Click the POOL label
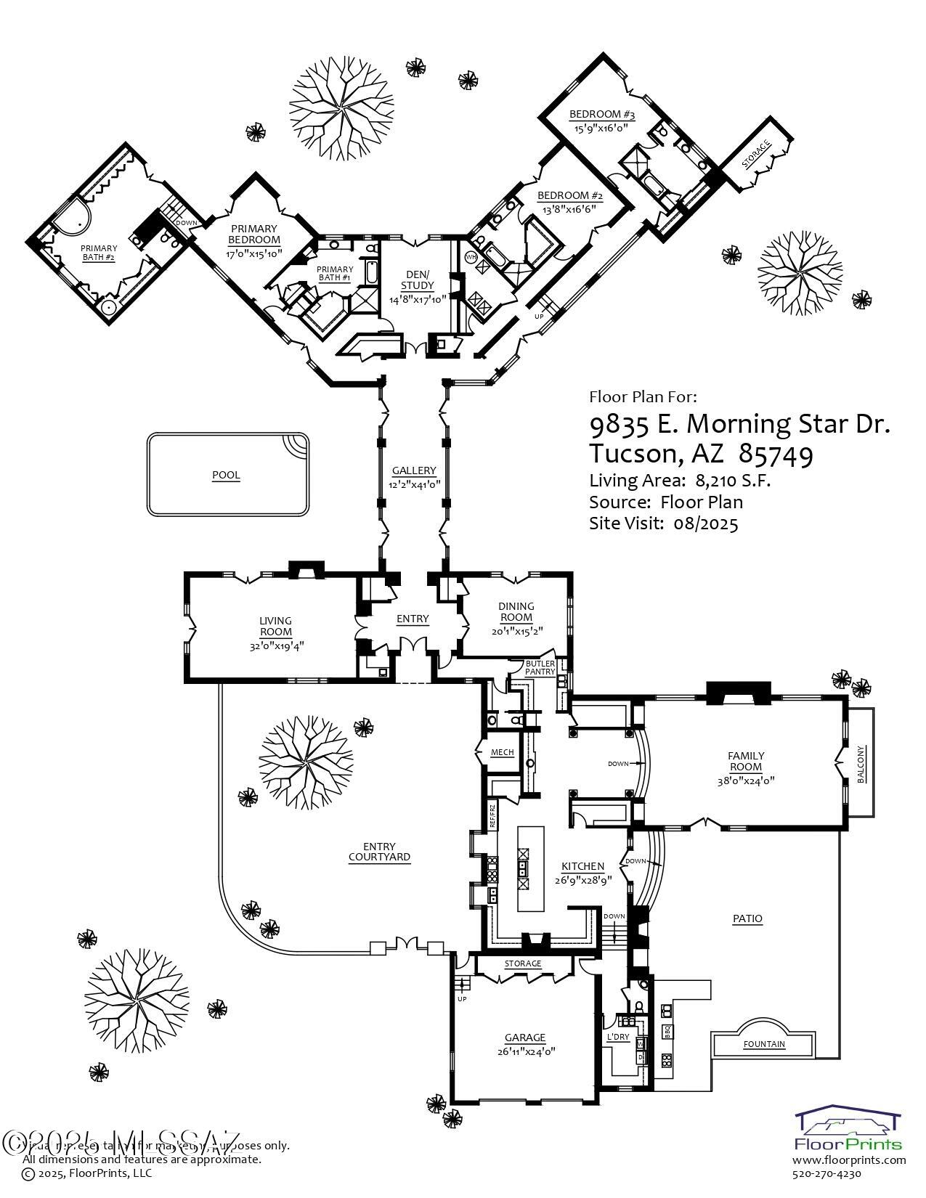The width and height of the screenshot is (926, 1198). click(226, 476)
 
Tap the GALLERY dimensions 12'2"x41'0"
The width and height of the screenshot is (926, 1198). click(414, 484)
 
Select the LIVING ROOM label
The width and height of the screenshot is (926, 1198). click(275, 626)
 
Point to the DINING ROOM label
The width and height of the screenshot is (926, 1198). click(516, 611)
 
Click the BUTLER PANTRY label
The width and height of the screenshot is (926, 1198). click(540, 668)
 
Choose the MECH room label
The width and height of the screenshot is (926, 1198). click(502, 752)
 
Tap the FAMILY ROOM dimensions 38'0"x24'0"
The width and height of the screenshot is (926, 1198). click(746, 781)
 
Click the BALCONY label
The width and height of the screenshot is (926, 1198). click(861, 764)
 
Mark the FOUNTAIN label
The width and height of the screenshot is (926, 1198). click(764, 1044)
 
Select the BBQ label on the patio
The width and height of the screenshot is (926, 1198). click(667, 1030)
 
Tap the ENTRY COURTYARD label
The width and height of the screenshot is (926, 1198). click(379, 852)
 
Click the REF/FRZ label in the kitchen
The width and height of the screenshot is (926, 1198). click(492, 816)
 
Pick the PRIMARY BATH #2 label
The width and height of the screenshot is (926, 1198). click(99, 253)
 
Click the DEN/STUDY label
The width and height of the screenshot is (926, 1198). click(417, 279)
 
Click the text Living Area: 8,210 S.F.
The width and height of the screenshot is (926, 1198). click(680, 481)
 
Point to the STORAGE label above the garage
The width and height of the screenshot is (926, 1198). click(523, 963)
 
